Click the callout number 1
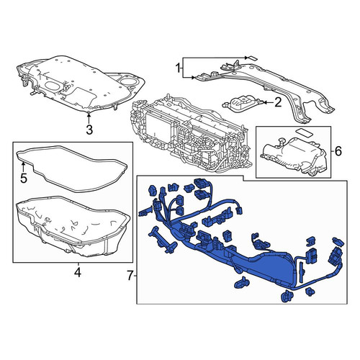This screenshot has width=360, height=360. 178,68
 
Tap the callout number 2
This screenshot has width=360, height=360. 278,102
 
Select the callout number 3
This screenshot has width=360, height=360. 89,130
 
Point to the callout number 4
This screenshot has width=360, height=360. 78,273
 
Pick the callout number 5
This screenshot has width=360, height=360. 24,179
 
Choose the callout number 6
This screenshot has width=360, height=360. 338,151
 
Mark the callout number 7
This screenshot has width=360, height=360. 130,276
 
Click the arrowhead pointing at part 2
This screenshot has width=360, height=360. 266,102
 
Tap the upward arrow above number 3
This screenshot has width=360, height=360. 89,118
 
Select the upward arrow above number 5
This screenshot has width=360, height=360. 23,167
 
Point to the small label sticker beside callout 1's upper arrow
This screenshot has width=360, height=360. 252,58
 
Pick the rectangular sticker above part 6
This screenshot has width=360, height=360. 304,132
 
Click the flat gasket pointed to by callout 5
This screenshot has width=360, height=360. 72,168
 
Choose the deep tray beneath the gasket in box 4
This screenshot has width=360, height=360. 73,227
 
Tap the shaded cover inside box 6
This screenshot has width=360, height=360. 294,156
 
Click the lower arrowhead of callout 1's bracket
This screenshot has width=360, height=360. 193,77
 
